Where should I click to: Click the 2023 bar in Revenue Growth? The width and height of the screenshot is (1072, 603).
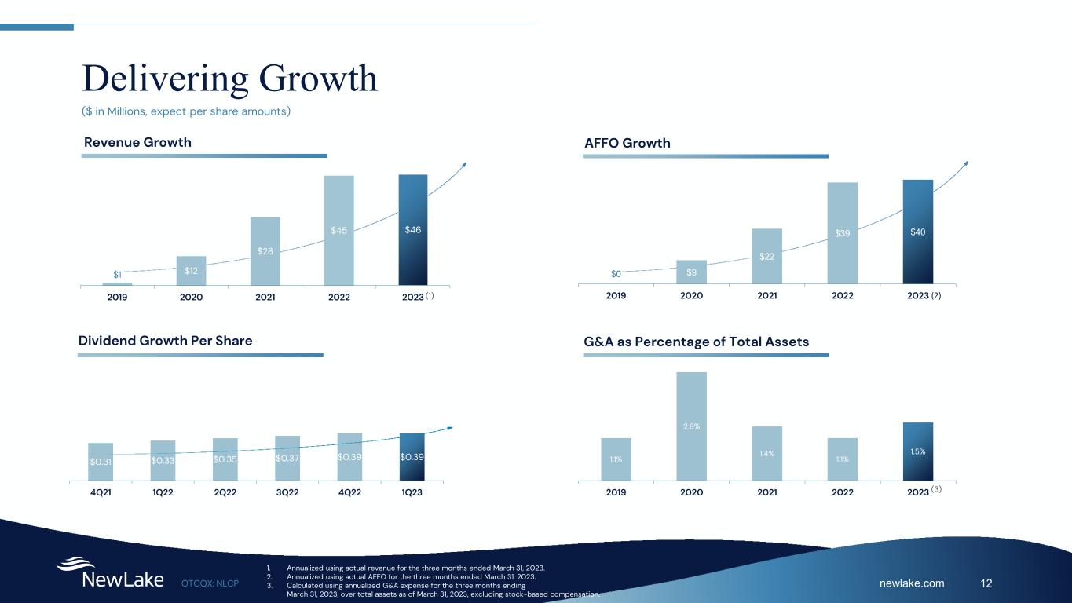(x=413, y=229)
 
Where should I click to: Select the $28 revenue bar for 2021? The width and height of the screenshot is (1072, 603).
(x=265, y=250)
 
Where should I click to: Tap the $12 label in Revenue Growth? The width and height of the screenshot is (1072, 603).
(x=191, y=271)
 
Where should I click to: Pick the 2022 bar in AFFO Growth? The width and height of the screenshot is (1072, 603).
(x=842, y=232)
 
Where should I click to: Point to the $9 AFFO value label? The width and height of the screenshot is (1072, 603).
(x=691, y=272)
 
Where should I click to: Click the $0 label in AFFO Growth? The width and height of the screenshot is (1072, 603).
(x=616, y=274)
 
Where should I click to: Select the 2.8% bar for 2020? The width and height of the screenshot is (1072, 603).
(x=691, y=426)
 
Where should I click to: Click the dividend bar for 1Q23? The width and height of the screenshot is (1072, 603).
(x=412, y=456)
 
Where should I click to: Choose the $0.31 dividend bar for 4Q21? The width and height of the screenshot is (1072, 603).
(x=101, y=461)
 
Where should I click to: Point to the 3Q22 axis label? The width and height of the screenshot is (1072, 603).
(x=287, y=493)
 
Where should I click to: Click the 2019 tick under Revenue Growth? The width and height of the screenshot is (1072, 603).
(x=117, y=298)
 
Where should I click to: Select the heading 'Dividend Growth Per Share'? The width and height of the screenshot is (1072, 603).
(x=166, y=341)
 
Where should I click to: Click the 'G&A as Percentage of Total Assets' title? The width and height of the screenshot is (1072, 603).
(x=697, y=342)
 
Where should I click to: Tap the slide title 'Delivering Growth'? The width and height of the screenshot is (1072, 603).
(x=230, y=79)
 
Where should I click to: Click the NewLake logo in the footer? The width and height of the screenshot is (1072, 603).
(x=110, y=574)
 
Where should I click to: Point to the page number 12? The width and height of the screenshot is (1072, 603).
(x=987, y=583)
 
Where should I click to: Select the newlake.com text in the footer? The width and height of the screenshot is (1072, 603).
(x=912, y=583)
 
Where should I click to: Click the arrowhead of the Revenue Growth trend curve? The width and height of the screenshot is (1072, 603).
(x=464, y=164)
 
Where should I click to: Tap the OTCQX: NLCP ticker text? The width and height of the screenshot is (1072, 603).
(x=210, y=583)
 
